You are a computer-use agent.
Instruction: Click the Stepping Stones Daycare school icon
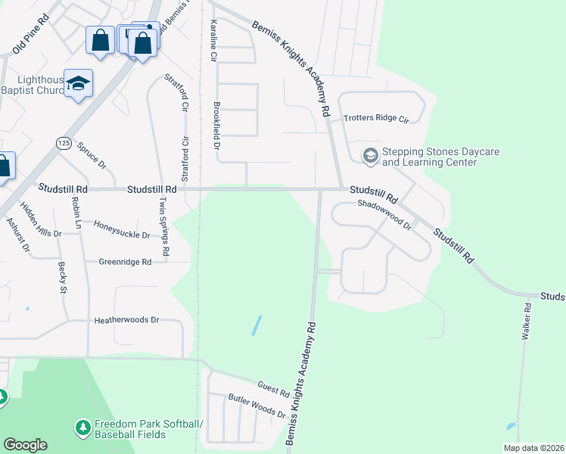[x=370, y=157]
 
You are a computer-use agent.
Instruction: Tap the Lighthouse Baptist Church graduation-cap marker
[x=77, y=83]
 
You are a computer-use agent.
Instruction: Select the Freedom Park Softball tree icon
[x=82, y=428]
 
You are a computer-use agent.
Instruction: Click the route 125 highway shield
[x=64, y=143]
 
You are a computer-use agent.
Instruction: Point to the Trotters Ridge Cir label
[x=376, y=120]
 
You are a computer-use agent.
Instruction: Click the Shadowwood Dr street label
[x=384, y=215]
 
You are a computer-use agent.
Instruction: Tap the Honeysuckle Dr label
[x=121, y=229]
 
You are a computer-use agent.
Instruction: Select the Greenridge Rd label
[x=125, y=262]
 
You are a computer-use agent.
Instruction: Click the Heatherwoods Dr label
[x=126, y=320]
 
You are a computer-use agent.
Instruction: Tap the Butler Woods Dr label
[x=257, y=408]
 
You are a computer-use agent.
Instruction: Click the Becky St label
[x=62, y=278]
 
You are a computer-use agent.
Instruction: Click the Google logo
[x=25, y=445]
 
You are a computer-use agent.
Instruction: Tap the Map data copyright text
[x=533, y=448]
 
